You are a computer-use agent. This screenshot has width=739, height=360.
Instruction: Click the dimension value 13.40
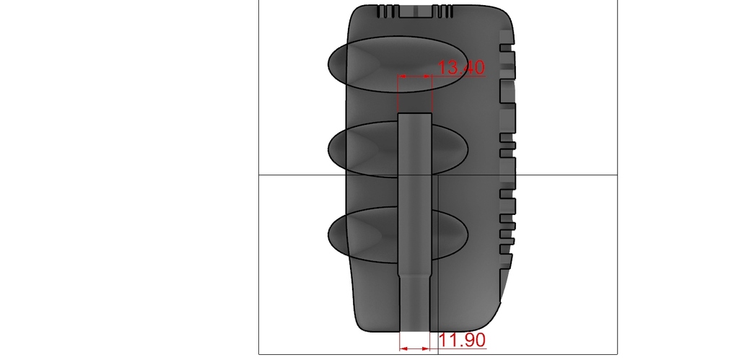point(461,67)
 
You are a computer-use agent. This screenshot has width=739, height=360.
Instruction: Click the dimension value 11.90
point(462,340)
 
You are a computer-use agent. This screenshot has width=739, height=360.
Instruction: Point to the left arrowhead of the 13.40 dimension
point(401,76)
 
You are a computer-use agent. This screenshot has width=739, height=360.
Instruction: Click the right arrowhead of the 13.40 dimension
point(428,76)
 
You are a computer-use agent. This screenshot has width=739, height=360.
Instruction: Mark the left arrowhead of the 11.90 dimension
point(403,348)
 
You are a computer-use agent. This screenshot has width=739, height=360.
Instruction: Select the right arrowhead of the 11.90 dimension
point(426,348)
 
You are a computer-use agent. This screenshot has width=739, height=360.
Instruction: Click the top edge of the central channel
point(415,113)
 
